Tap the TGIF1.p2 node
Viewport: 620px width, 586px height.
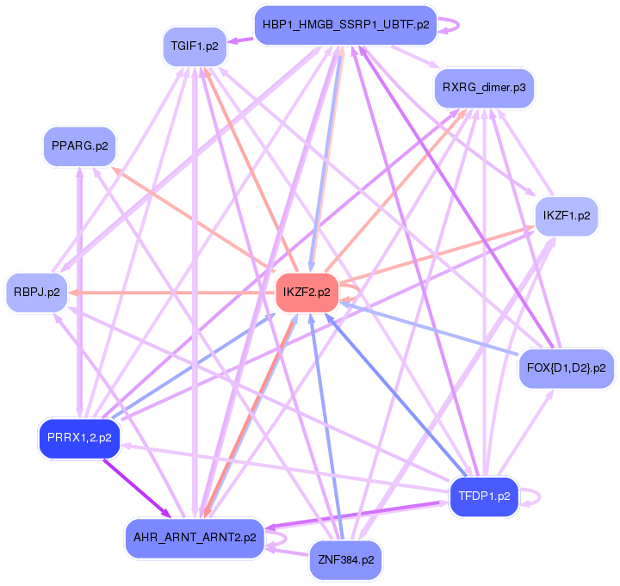pos(195,46)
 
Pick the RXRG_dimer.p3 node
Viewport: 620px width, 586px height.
pos(484,88)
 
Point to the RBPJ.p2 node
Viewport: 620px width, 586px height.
pos(37,292)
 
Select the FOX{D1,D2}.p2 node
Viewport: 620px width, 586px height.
pos(566,368)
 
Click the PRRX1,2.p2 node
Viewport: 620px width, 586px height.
pos(79,438)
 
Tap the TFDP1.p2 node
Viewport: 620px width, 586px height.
pos(485,497)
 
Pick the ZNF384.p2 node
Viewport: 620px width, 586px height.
pos(346,560)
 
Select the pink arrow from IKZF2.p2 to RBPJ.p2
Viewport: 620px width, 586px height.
pos(172,293)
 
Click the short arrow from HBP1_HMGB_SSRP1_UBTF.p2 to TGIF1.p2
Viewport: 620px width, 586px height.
pos(240,38)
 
